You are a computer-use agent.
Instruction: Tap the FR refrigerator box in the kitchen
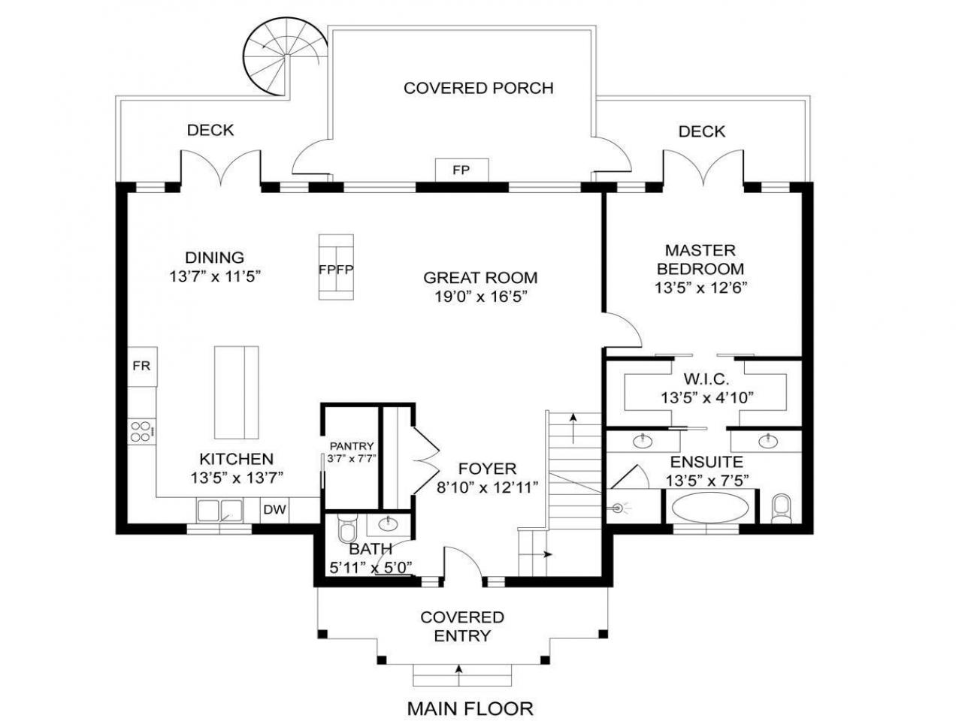pyautogui.click(x=142, y=366)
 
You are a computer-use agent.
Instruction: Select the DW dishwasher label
pyautogui.click(x=275, y=509)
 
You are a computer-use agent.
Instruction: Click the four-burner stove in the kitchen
pyautogui.click(x=141, y=431)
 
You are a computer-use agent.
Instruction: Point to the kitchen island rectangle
pyautogui.click(x=236, y=392)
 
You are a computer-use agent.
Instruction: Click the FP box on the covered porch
pyautogui.click(x=461, y=170)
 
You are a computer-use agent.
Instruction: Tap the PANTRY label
pyautogui.click(x=352, y=446)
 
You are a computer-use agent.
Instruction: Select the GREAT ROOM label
pyautogui.click(x=480, y=278)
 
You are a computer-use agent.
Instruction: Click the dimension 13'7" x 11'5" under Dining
pyautogui.click(x=215, y=276)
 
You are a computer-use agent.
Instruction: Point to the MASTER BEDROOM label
pyautogui.click(x=700, y=259)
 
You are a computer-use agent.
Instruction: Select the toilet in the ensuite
pyautogui.click(x=781, y=508)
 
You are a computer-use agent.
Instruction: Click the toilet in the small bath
pyautogui.click(x=348, y=529)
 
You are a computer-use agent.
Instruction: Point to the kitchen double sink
pyautogui.click(x=220, y=511)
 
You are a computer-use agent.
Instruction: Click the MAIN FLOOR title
pyautogui.click(x=470, y=708)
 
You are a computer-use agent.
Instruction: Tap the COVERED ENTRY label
pyautogui.click(x=462, y=626)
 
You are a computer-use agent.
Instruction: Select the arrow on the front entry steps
pyautogui.click(x=459, y=675)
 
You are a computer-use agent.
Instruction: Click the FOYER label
pyautogui.click(x=487, y=469)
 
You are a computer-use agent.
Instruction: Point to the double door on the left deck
pyautogui.click(x=221, y=165)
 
